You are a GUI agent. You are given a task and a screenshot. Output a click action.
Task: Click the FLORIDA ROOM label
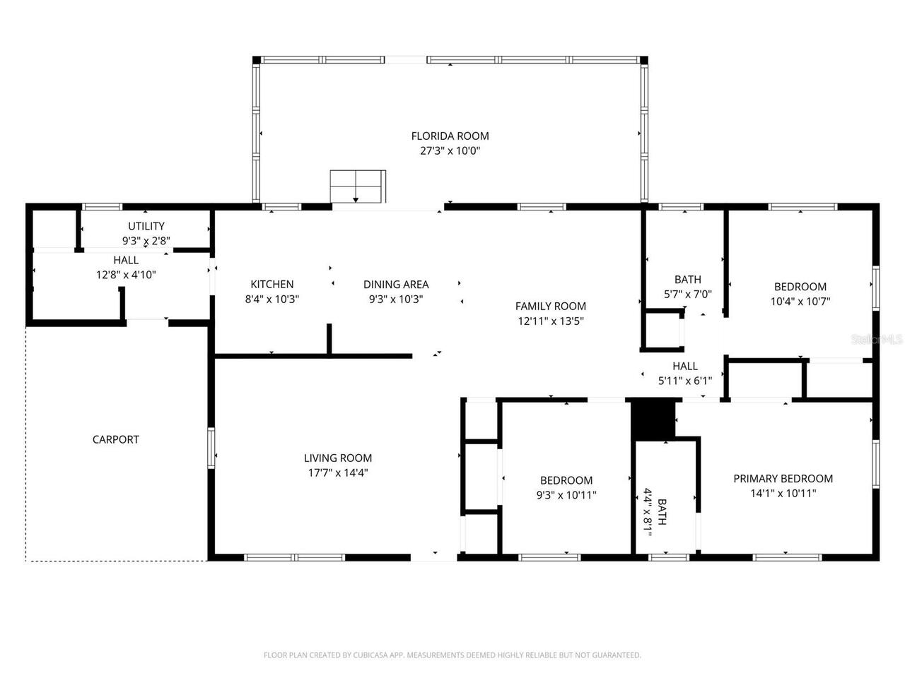click(x=450, y=136)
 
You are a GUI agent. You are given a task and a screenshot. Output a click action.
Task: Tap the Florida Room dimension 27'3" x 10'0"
click(x=450, y=150)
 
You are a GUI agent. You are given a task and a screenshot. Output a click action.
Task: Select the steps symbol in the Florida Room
click(x=358, y=186)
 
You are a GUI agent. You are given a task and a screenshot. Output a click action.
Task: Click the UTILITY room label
click(x=146, y=226)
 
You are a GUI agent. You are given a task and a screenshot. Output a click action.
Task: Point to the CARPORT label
click(x=116, y=439)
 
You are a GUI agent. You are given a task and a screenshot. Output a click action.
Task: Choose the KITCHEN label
click(x=272, y=285)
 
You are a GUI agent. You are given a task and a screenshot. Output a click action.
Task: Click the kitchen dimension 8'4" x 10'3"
click(x=272, y=299)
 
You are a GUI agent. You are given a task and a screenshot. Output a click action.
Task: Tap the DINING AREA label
click(x=396, y=285)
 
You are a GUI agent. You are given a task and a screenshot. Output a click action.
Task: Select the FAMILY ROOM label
click(x=550, y=306)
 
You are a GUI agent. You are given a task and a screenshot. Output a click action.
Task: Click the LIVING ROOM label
click(x=338, y=458)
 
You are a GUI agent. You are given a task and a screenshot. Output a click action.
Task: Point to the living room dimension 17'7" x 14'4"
click(x=338, y=472)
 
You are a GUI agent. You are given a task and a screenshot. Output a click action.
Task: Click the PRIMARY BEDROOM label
click(x=783, y=478)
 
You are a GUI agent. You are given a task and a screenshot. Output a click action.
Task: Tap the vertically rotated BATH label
click(x=662, y=512)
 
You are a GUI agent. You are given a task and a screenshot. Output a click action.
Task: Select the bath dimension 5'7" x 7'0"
click(x=687, y=294)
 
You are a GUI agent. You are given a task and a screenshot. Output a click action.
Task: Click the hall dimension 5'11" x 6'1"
click(x=684, y=381)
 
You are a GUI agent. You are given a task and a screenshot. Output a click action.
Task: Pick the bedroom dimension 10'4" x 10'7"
click(x=800, y=301)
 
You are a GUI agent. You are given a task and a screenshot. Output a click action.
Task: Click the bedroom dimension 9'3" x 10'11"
click(x=566, y=494)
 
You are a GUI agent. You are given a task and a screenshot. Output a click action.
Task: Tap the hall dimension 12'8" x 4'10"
click(x=126, y=275)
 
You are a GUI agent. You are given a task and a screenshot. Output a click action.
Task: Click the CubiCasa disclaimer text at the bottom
click(x=452, y=655)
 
